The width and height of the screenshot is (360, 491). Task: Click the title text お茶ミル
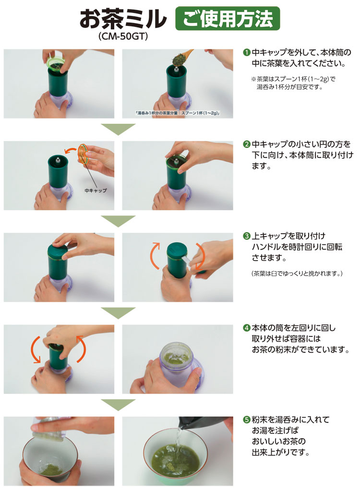pyautogui.click(x=123, y=19)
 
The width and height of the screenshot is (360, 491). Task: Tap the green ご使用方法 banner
pyautogui.click(x=228, y=18)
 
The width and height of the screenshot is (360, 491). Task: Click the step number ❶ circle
pyautogui.click(x=247, y=52)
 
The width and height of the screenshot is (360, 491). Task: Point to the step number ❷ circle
pyautogui.click(x=247, y=144)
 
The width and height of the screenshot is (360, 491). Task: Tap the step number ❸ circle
pyautogui.click(x=247, y=236)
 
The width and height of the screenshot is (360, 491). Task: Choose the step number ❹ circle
pyautogui.click(x=247, y=328)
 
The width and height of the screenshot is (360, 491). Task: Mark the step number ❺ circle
pyautogui.click(x=247, y=419)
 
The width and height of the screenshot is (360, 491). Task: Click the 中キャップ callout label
pyautogui.click(x=96, y=190)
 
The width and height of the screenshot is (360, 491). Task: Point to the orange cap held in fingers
pyautogui.click(x=83, y=154)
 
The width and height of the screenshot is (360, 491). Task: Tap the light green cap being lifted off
pyautogui.click(x=56, y=64)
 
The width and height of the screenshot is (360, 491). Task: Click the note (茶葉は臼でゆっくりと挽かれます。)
pyautogui.click(x=297, y=274)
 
